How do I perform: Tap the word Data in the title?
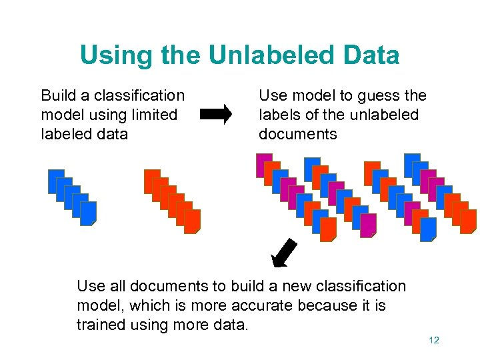tap(368, 55)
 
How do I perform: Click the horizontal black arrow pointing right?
tap(216, 115)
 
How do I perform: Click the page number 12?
tap(434, 340)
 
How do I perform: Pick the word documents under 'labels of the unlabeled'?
tap(298, 134)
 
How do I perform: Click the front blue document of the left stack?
tap(89, 213)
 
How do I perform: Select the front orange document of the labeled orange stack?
tap(193, 221)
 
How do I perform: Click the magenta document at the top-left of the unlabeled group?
tap(264, 165)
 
